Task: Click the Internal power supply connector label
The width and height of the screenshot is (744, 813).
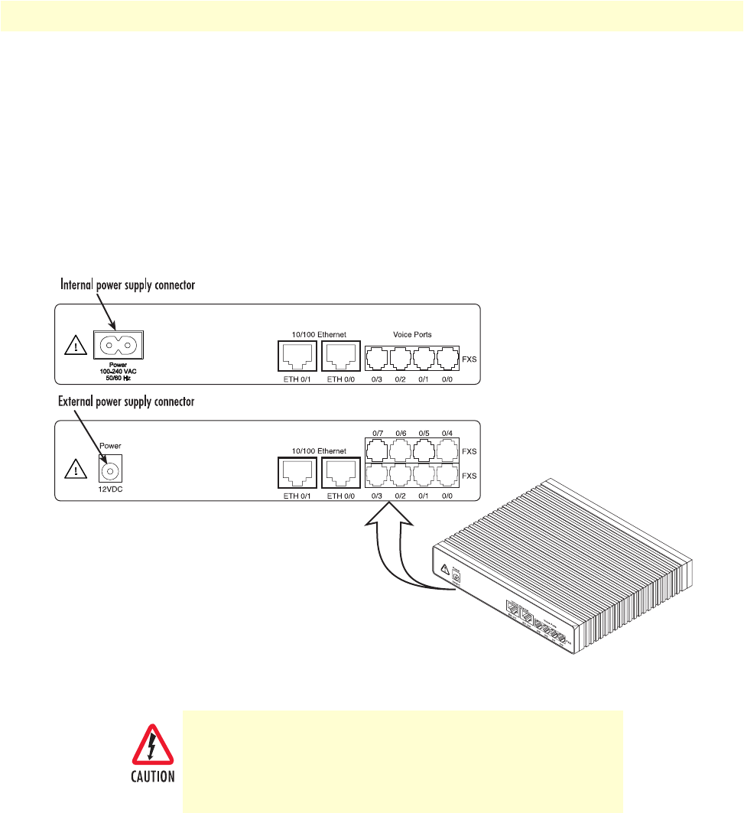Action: click(128, 285)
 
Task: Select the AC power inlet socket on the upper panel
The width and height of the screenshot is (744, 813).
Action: click(118, 344)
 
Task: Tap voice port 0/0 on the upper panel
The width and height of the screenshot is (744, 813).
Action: click(447, 358)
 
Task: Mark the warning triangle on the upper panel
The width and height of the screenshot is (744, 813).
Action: click(74, 346)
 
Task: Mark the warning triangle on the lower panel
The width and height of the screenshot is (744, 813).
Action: click(74, 468)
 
